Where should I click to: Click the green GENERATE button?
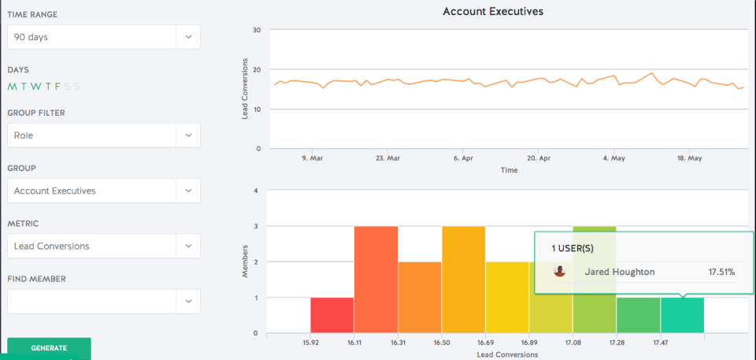49,348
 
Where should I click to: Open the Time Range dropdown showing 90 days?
103,37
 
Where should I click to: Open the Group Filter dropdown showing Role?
103,135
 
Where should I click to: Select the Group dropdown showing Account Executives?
103,191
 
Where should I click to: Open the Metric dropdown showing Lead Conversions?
103,246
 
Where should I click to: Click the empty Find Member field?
103,301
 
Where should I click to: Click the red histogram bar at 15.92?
332,315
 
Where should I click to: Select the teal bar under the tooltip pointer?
682,315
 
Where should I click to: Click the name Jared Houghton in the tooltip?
619,272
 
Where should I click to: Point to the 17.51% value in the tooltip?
721,272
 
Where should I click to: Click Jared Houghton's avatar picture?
560,271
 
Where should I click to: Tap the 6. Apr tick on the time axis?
463,158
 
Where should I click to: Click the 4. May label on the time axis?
613,158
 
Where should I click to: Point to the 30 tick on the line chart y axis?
257,30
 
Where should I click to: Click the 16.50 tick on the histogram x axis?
442,343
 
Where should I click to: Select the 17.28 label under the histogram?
617,343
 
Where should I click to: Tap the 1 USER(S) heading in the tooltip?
573,248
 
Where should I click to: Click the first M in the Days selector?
11,87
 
